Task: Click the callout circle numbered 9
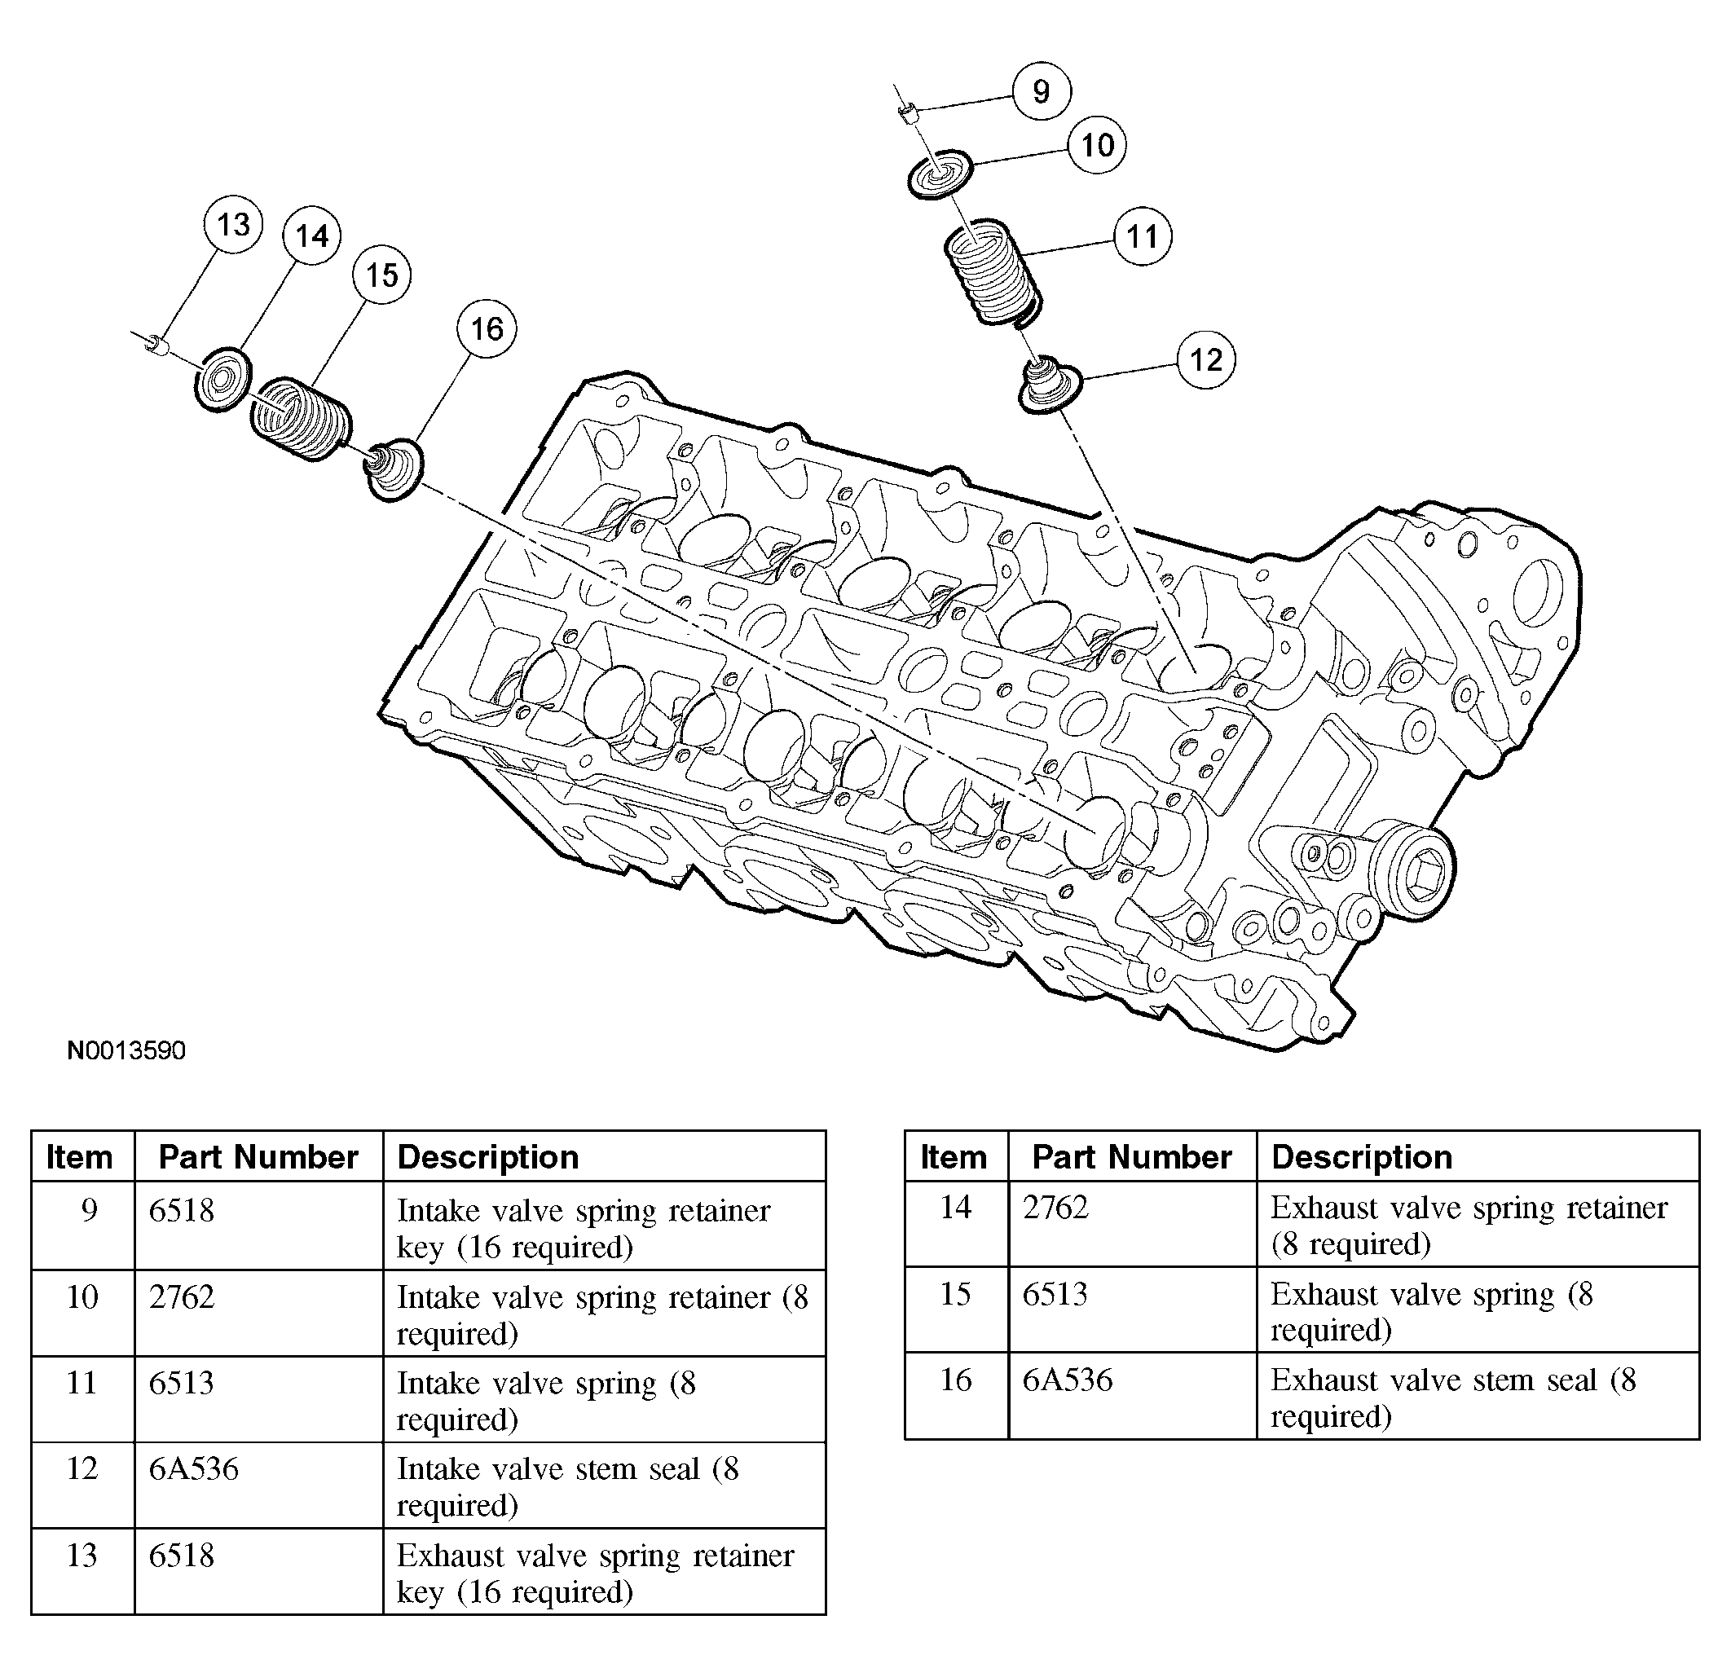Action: point(1042,91)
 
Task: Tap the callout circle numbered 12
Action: point(1205,359)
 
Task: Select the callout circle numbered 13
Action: point(233,224)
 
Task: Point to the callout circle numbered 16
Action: point(487,328)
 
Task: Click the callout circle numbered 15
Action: point(381,275)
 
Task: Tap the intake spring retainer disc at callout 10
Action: point(940,174)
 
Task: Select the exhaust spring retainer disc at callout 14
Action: point(222,379)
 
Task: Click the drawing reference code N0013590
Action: point(126,1051)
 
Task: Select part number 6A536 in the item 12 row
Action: point(193,1468)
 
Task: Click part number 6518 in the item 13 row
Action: point(181,1555)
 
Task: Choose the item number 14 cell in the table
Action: point(956,1207)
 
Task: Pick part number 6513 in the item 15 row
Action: point(1055,1294)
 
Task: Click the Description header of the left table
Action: point(487,1157)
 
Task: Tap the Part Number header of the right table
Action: point(1131,1157)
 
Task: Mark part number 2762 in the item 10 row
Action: point(181,1296)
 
